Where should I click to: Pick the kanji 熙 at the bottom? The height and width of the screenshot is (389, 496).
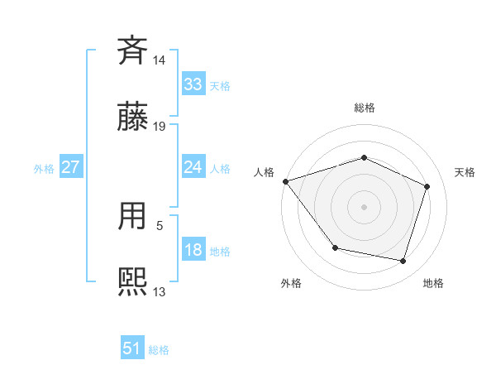[x=133, y=281]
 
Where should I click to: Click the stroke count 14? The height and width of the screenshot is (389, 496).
[x=160, y=60]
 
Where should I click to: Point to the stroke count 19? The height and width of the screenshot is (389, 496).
[x=160, y=127]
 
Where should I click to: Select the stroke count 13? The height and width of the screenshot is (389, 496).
[x=160, y=291]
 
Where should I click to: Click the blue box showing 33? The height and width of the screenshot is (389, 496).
[x=193, y=84]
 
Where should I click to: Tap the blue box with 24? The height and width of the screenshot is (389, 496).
[x=193, y=167]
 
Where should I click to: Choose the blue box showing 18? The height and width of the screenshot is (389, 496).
[x=193, y=251]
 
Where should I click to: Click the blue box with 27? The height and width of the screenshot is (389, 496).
[x=70, y=167]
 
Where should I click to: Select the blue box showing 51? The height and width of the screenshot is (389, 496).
[x=132, y=348]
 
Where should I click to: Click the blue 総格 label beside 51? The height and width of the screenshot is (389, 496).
[x=159, y=350]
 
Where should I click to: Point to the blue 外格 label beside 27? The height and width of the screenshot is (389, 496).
[x=44, y=169]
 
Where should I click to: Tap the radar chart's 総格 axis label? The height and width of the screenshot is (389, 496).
[x=365, y=108]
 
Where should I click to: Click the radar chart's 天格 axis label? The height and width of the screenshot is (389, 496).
[x=465, y=172]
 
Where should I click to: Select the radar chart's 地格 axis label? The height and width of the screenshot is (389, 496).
[x=433, y=283]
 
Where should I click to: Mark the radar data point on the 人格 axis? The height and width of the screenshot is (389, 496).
[x=285, y=181]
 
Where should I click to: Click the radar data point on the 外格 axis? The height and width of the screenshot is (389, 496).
[x=335, y=247]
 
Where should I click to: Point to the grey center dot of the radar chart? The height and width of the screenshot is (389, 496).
[x=365, y=206]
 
